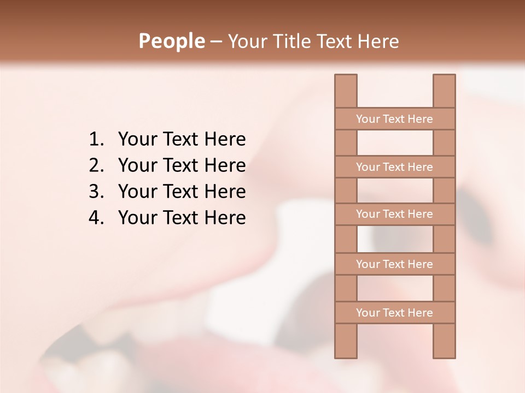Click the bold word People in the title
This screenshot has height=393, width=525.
point(171,41)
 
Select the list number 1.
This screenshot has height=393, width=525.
point(96,140)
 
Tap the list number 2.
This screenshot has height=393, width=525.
point(96,165)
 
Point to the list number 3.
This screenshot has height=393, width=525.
point(96,192)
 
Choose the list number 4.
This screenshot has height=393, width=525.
point(96,218)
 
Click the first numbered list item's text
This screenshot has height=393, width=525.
point(182,140)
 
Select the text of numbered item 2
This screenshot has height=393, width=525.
point(182,165)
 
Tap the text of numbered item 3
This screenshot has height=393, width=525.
point(182,192)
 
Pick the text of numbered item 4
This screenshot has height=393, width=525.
point(182,218)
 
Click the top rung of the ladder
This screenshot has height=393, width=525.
point(394,119)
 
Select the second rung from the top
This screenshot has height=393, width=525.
point(394,167)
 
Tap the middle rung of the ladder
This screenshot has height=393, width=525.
point(394,214)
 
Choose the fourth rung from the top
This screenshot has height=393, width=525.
point(394,264)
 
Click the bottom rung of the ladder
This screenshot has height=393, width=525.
point(394,313)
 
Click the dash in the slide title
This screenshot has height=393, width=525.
point(215,41)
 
